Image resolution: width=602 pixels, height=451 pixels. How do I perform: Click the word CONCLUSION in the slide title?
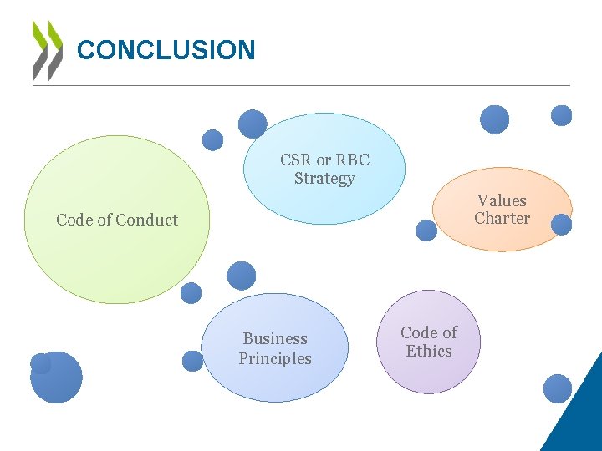(x=166, y=50)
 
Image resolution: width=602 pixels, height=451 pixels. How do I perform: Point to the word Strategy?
(x=324, y=178)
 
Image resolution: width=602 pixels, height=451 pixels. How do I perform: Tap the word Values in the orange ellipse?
(x=502, y=200)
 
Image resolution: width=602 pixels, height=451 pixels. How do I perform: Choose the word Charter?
(x=502, y=219)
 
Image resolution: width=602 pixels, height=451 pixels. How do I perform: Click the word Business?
(x=275, y=339)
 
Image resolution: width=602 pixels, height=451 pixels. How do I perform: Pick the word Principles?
(x=275, y=359)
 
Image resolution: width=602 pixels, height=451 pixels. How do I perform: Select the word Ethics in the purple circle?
(x=429, y=352)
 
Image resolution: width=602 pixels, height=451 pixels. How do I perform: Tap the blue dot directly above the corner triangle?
(x=557, y=388)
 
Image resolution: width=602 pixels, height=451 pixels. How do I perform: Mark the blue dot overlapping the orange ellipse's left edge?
(x=426, y=230)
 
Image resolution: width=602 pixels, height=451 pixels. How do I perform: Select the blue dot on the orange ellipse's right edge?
(x=561, y=225)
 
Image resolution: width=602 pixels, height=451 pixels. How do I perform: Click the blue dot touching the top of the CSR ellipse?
(x=253, y=124)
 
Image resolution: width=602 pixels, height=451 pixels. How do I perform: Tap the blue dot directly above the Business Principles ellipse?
(x=242, y=276)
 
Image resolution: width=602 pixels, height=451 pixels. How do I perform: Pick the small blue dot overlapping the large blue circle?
(x=40, y=363)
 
